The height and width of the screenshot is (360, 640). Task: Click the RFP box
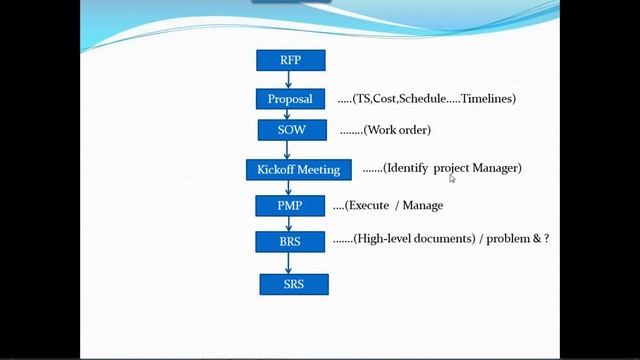point(290,60)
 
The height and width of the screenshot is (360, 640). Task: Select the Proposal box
point(290,99)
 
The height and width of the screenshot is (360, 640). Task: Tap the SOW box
point(290,130)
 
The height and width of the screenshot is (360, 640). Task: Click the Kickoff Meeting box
point(298,169)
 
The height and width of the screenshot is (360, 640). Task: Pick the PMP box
point(289,205)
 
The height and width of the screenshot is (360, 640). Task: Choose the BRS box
point(289,241)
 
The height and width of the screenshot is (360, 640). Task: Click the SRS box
point(293,284)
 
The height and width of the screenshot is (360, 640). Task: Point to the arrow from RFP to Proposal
point(289,79)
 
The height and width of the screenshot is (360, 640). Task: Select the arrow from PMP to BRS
point(289,223)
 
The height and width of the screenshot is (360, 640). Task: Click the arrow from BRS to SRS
point(289,262)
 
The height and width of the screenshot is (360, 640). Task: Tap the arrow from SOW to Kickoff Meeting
point(289,149)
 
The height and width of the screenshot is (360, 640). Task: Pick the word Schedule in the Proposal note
point(421,99)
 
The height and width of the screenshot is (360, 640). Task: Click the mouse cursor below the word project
point(452,179)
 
